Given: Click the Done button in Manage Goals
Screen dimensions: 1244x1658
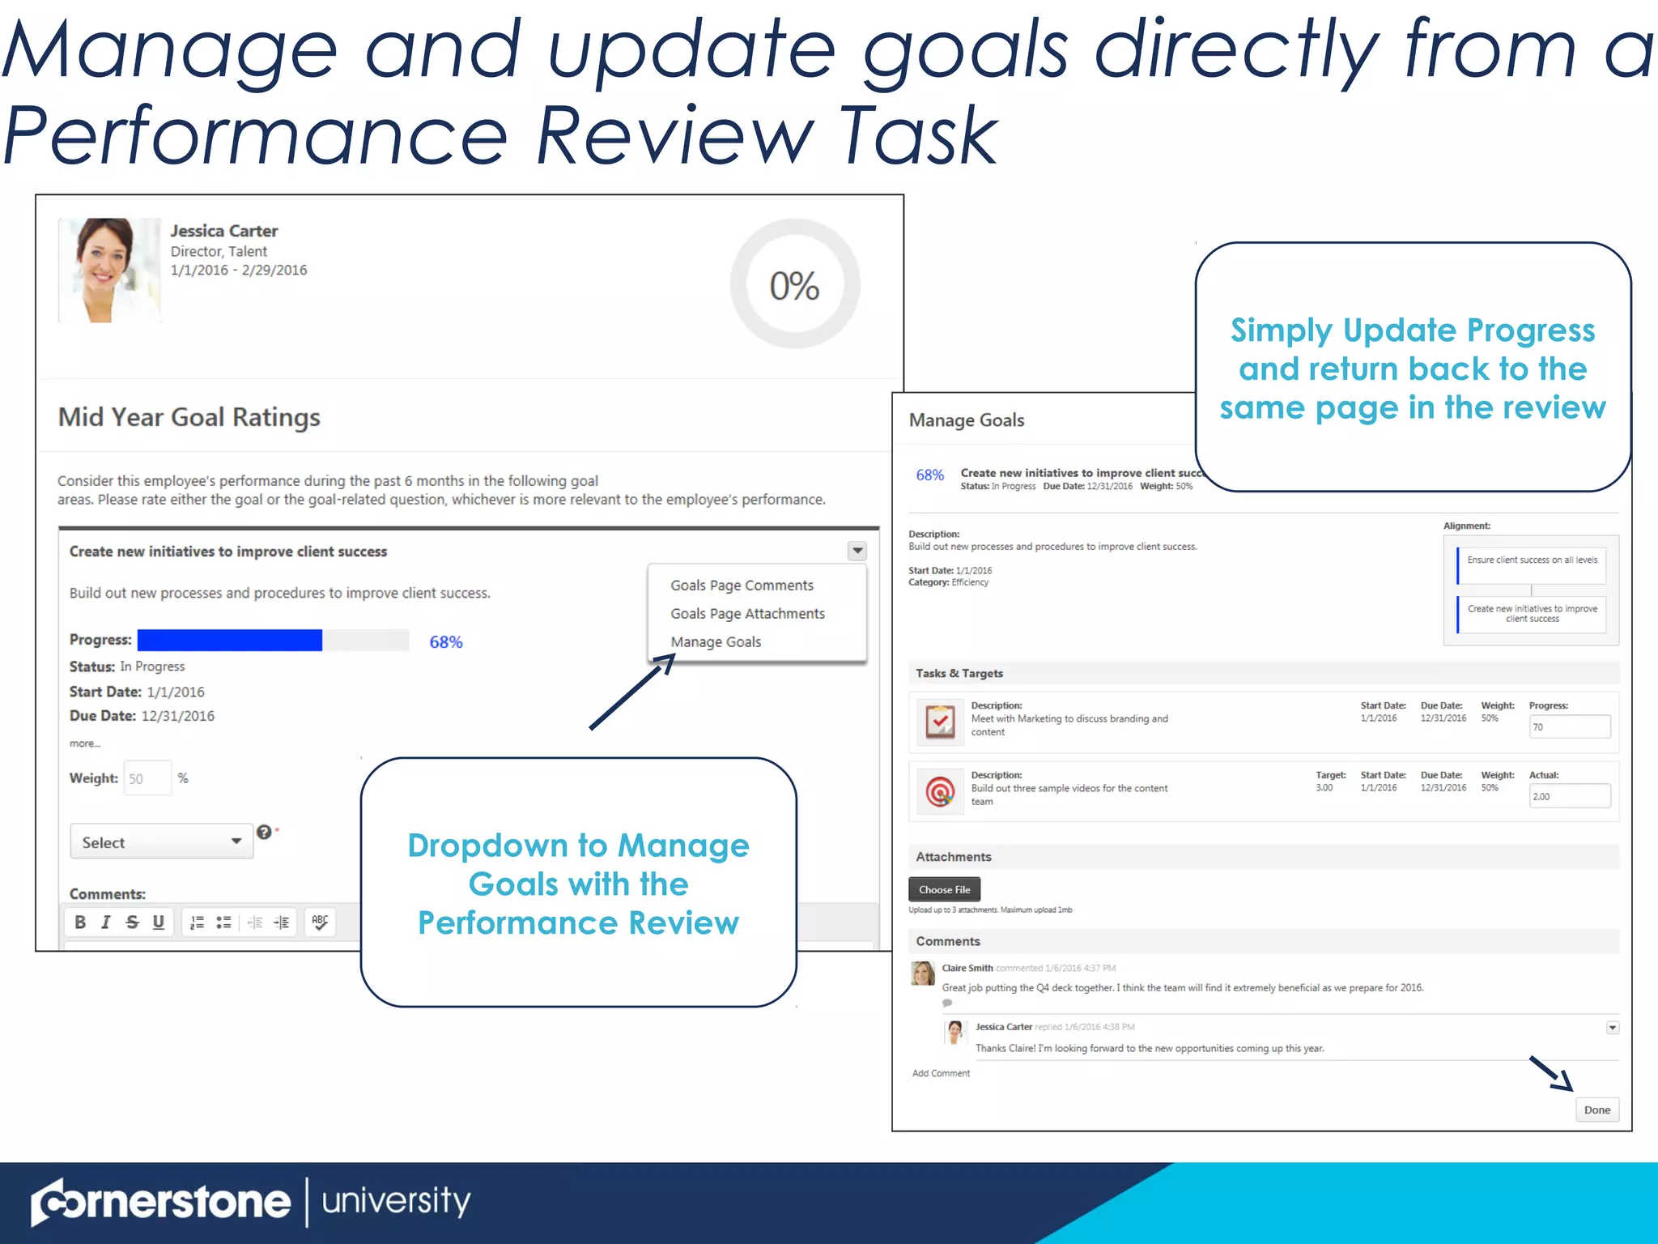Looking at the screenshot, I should [x=1596, y=1110].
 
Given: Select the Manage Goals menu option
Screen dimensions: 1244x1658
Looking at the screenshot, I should [x=716, y=642].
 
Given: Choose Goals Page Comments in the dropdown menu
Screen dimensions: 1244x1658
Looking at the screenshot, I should [x=742, y=586].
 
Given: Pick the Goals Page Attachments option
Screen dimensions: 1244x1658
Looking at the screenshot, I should [x=747, y=614].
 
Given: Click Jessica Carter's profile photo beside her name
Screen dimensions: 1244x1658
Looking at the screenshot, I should [x=110, y=271].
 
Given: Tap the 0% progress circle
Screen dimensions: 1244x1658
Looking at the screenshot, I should [x=794, y=285].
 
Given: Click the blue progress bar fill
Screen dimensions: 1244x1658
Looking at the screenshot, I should [x=230, y=641].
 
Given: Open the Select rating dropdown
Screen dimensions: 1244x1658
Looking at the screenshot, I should [x=161, y=842].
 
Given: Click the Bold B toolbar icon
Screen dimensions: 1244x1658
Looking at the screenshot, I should [x=80, y=922].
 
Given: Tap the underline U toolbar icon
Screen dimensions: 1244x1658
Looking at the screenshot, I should [x=159, y=922].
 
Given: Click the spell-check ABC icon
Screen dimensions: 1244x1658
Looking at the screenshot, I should [x=320, y=922].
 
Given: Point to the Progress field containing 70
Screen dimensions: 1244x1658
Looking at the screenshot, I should [x=1568, y=727].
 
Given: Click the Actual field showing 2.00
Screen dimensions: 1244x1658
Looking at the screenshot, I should [x=1568, y=797].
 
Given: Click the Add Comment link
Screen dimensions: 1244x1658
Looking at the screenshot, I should [x=941, y=1074].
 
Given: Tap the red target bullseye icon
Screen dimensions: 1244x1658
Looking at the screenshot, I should [x=940, y=791].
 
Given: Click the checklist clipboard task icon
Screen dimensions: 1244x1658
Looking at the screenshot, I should [x=940, y=722].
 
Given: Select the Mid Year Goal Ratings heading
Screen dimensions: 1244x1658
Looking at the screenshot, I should [x=189, y=417].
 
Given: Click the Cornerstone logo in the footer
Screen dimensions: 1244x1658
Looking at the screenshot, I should [x=160, y=1202].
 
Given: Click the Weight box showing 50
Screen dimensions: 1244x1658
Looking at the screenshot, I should [x=147, y=779].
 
